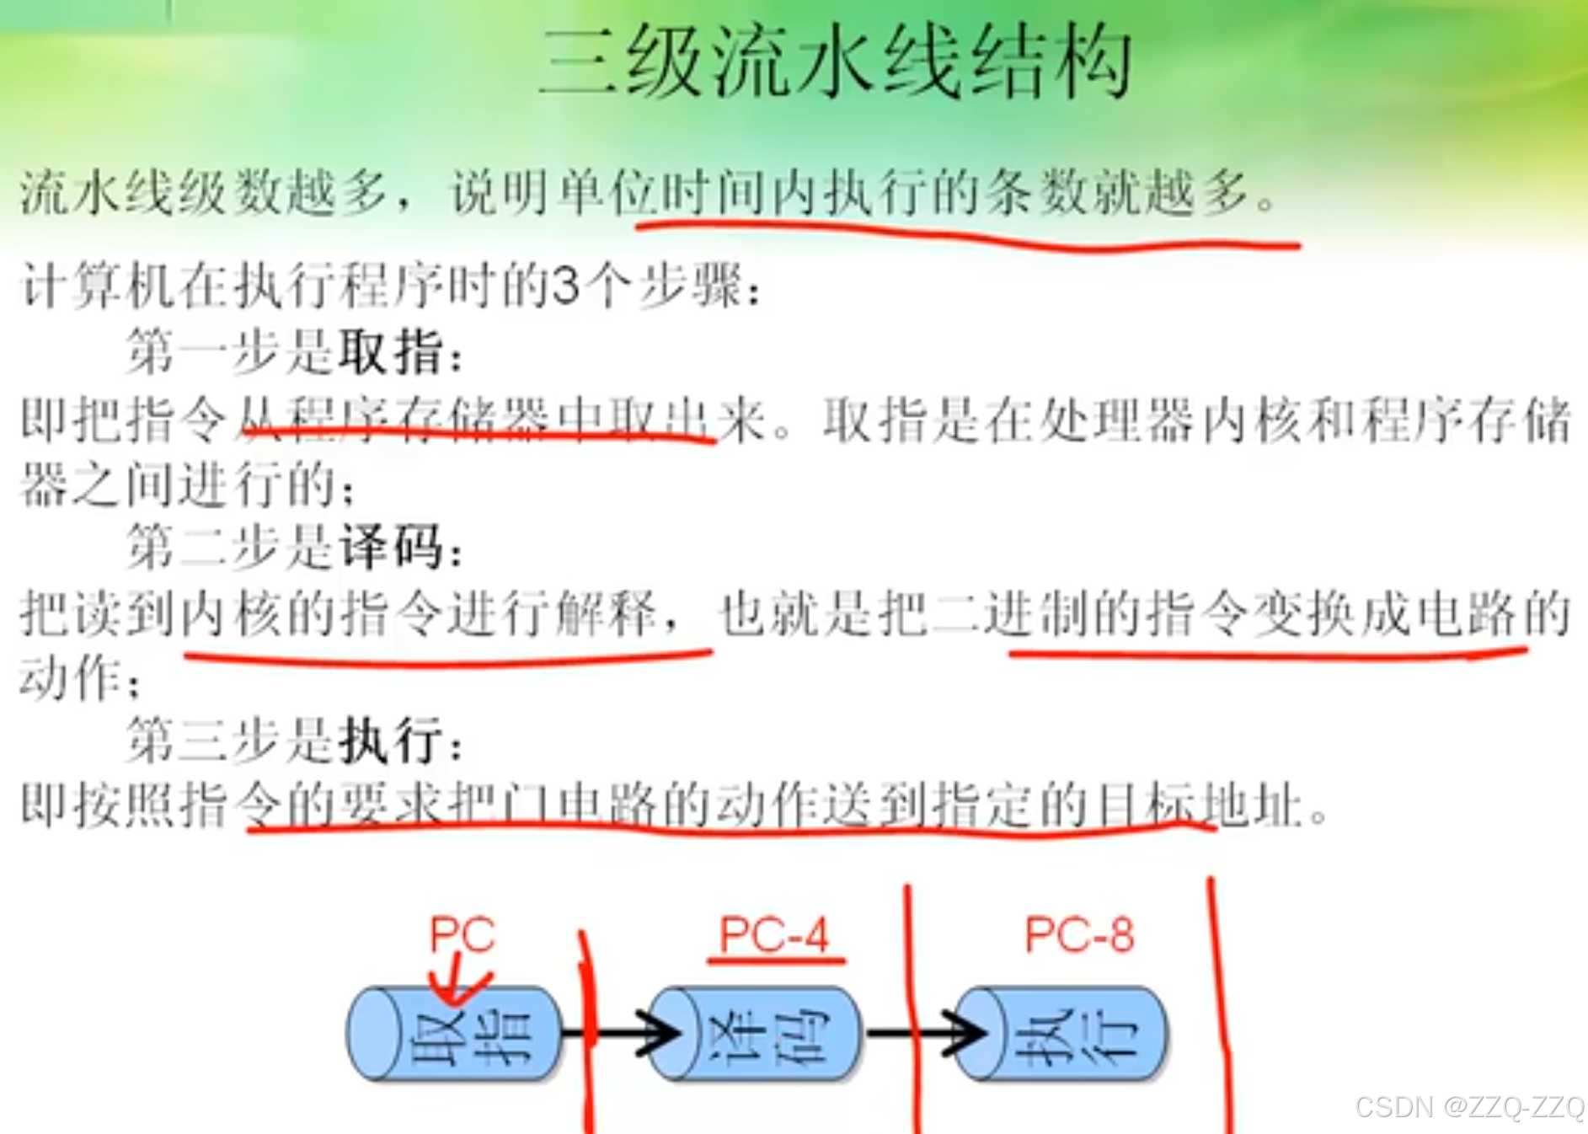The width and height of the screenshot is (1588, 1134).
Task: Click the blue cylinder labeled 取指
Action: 455,1033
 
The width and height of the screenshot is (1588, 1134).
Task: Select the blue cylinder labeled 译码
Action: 756,1033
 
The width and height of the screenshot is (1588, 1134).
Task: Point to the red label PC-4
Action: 773,934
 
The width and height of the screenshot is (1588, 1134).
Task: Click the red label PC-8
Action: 1079,934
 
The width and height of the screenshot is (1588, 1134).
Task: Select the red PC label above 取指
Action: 462,933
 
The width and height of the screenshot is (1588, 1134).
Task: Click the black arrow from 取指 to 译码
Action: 623,1033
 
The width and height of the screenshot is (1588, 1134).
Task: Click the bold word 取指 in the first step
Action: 390,351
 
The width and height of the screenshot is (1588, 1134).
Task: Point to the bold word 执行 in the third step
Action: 390,741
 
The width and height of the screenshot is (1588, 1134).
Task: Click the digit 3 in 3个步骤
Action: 566,286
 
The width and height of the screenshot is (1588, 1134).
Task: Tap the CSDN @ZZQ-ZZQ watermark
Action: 1470,1106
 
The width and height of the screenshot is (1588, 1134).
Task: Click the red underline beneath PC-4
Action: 776,960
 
